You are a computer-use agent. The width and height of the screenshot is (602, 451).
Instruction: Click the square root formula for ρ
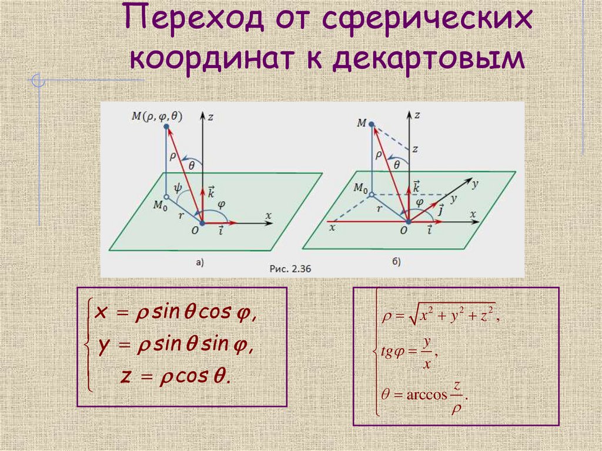pos(441,317)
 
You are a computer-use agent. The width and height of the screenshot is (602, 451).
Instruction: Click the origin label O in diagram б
pos(404,231)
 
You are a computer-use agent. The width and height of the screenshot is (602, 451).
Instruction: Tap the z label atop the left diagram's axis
pos(209,116)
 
